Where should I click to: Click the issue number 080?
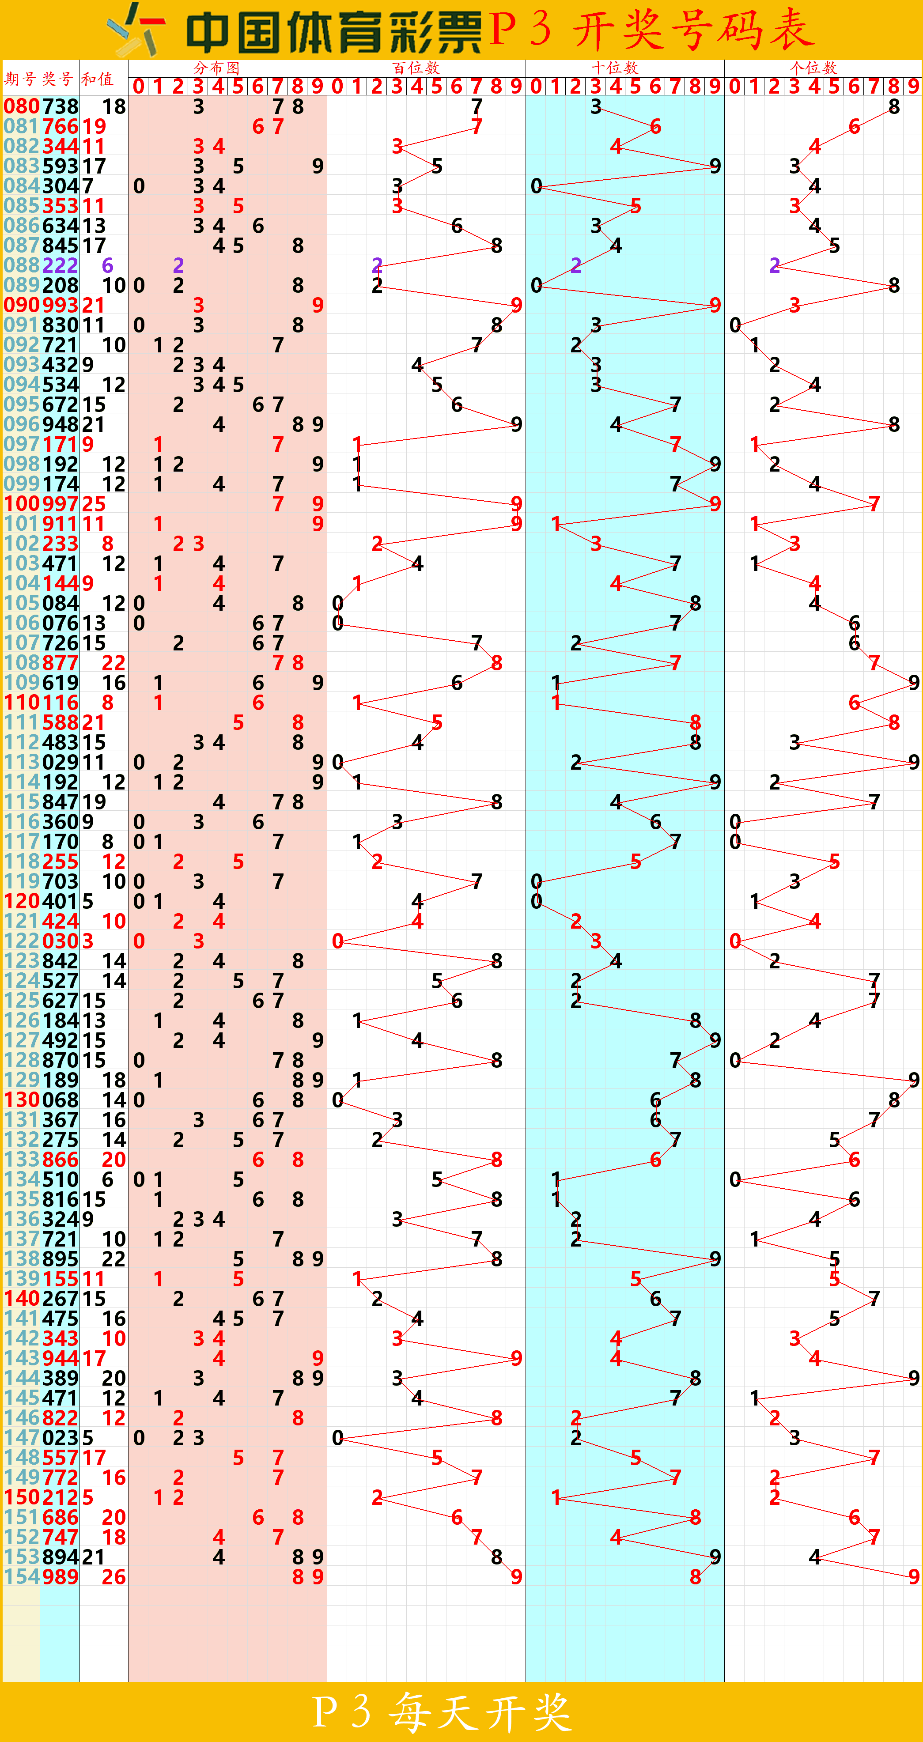point(21,106)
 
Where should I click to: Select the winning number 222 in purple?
point(60,265)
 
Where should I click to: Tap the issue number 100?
point(21,504)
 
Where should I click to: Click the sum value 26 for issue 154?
point(113,1577)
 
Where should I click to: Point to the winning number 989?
point(60,1577)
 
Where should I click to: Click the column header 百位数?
point(416,68)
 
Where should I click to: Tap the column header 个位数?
point(813,68)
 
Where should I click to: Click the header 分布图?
point(216,68)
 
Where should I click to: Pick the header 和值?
point(97,79)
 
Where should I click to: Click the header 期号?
point(20,79)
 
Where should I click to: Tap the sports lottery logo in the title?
point(136,30)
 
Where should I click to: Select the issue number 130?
point(21,1100)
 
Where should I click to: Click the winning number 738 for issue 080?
point(60,106)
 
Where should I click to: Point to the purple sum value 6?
point(107,265)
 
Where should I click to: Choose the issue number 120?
point(21,901)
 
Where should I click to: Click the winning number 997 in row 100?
point(60,504)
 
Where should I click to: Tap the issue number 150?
point(21,1497)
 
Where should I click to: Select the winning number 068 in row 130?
point(60,1100)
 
